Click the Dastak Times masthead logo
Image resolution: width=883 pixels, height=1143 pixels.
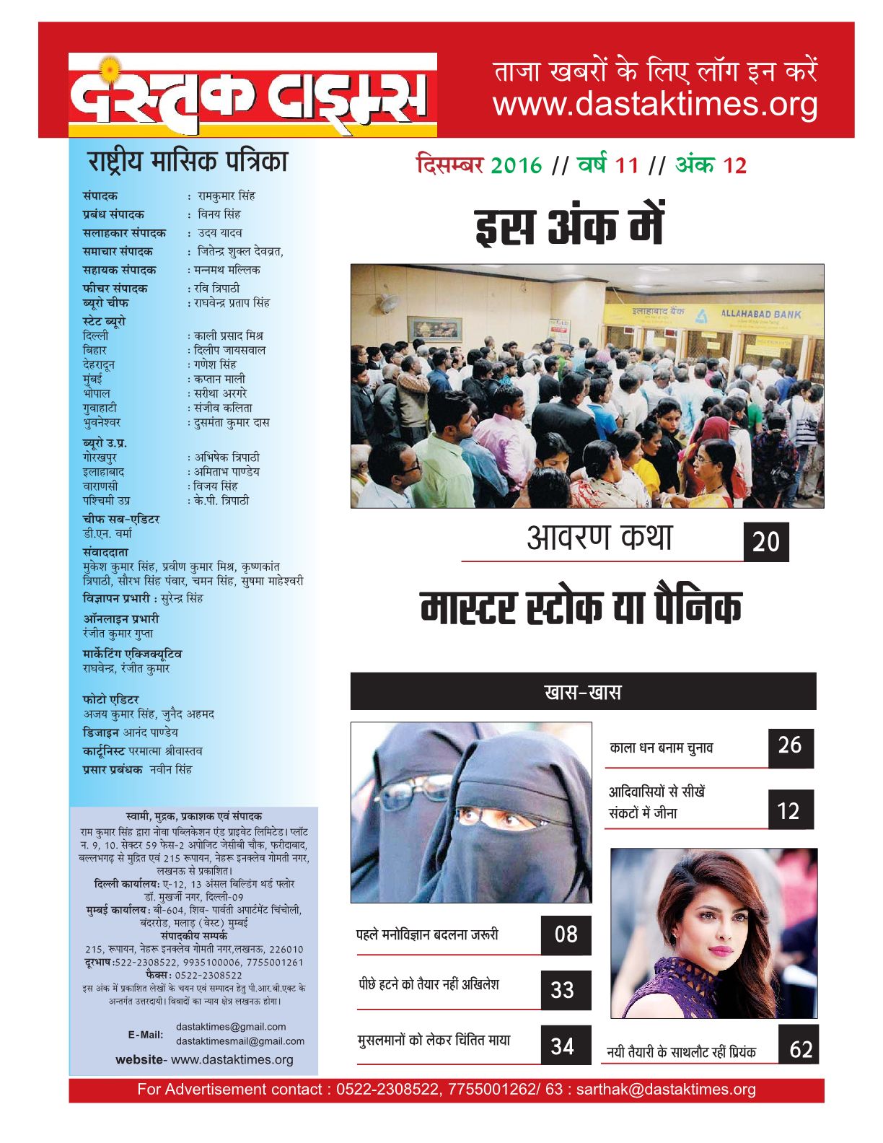click(252, 95)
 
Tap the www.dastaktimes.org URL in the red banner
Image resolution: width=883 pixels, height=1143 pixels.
click(655, 105)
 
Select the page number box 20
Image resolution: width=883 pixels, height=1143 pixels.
click(766, 542)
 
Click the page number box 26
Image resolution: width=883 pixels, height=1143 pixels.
click(790, 745)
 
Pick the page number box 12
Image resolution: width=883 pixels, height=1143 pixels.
click(789, 811)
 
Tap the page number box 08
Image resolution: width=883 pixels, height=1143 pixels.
click(566, 934)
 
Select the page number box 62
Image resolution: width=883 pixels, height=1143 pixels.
click(800, 1049)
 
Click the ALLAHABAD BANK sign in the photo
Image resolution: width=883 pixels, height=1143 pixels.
click(761, 314)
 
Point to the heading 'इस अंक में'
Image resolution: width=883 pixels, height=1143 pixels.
click(569, 227)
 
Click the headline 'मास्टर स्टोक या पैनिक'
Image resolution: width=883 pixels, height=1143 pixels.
click(581, 608)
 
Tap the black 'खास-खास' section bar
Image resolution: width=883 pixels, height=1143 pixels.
click(583, 692)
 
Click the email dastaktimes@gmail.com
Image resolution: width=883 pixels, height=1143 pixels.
click(231, 1026)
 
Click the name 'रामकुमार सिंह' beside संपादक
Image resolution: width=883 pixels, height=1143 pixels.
click(227, 196)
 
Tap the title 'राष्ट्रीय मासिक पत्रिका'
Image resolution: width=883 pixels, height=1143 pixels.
click(188, 161)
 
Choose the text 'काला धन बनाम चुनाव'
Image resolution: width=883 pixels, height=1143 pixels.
click(661, 748)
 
